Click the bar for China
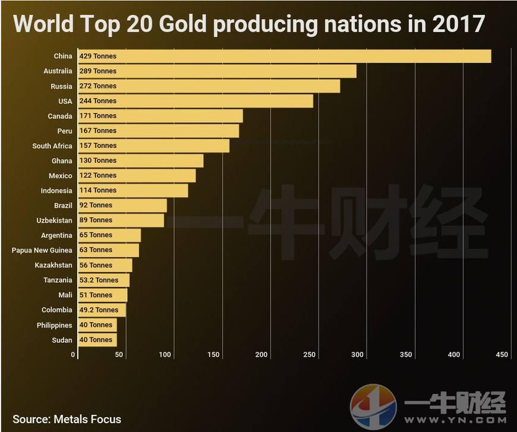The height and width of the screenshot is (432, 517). coord(285,56)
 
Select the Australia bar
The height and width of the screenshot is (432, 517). coord(217,71)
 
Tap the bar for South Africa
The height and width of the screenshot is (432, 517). coord(154,146)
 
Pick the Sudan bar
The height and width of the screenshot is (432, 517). coord(97,340)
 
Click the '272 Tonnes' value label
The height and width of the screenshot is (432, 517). coord(98,86)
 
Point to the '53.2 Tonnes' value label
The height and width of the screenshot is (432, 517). coord(99,280)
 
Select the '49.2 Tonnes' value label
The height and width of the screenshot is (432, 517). coord(99,310)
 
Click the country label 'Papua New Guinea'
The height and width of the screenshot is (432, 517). coord(42,250)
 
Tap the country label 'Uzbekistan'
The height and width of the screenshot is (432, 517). coord(54,220)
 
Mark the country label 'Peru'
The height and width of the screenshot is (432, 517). coord(65,131)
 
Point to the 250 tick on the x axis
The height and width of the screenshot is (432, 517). coord(309,355)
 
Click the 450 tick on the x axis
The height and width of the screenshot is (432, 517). coord(502,355)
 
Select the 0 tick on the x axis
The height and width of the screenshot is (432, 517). coord(74,355)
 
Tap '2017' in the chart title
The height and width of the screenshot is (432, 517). coord(459,24)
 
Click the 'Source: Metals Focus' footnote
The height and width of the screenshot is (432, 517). coord(67,419)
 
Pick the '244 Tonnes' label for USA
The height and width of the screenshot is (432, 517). coord(98,101)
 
